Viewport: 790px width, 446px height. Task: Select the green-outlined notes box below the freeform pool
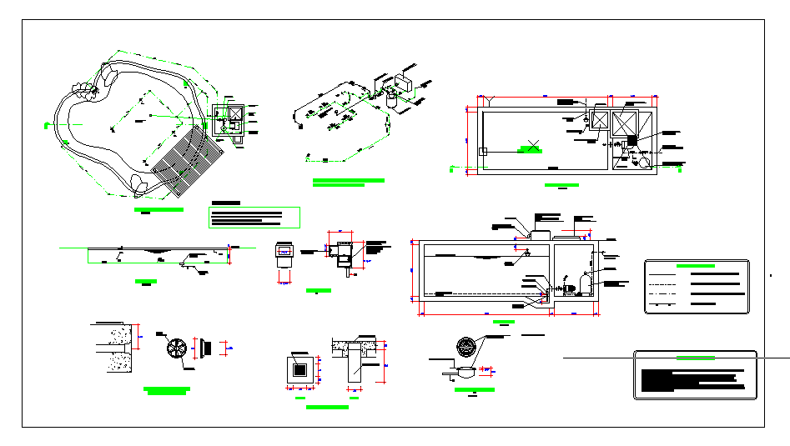pos(254,218)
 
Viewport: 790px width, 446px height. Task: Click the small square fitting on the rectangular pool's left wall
pos(482,151)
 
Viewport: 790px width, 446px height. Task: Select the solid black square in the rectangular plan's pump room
pos(631,140)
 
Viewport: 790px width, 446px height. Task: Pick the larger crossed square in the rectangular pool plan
pos(625,123)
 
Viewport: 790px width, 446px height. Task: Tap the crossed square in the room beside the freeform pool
pos(234,114)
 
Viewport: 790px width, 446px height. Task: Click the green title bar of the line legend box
pos(696,265)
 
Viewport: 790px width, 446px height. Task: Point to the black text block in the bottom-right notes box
pos(692,380)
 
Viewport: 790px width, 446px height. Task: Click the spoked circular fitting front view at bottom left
pos(178,348)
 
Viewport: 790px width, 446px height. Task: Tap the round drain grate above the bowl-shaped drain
pos(466,348)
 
